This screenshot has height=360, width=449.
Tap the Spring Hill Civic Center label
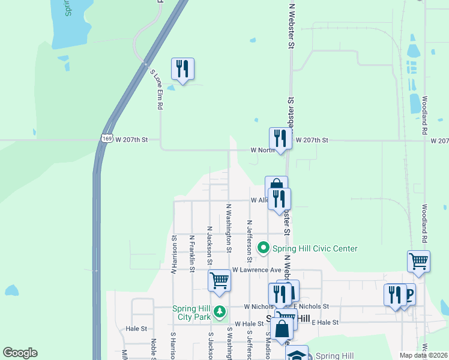pyautogui.click(x=315, y=248)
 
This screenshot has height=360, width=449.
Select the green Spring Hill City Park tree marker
pyautogui.click(x=220, y=311)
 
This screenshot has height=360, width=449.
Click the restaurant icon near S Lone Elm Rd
pyautogui.click(x=182, y=68)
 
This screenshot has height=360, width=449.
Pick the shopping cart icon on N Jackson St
pyautogui.click(x=220, y=281)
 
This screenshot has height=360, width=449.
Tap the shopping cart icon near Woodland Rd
pyautogui.click(x=418, y=261)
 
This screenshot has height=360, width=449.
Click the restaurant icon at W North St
pyautogui.click(x=280, y=137)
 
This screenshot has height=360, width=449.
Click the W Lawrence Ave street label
pyautogui.click(x=257, y=270)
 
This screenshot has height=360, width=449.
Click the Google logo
pyautogui.click(x=20, y=353)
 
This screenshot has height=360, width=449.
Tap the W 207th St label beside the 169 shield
pyautogui.click(x=131, y=140)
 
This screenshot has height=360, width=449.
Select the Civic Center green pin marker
pyautogui.click(x=263, y=248)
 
